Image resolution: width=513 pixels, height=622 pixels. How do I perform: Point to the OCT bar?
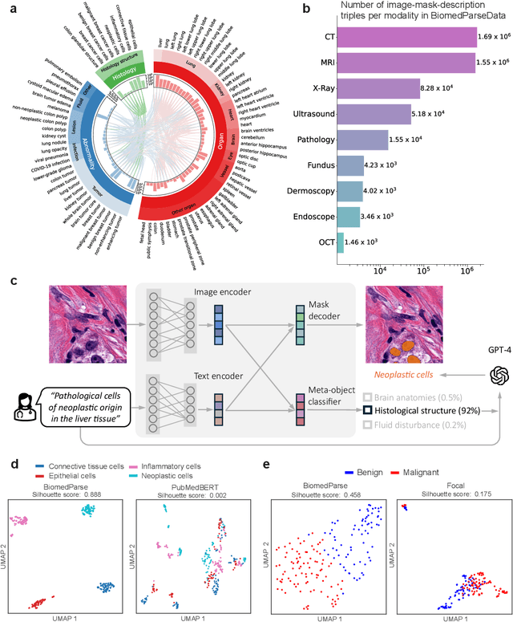340,240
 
